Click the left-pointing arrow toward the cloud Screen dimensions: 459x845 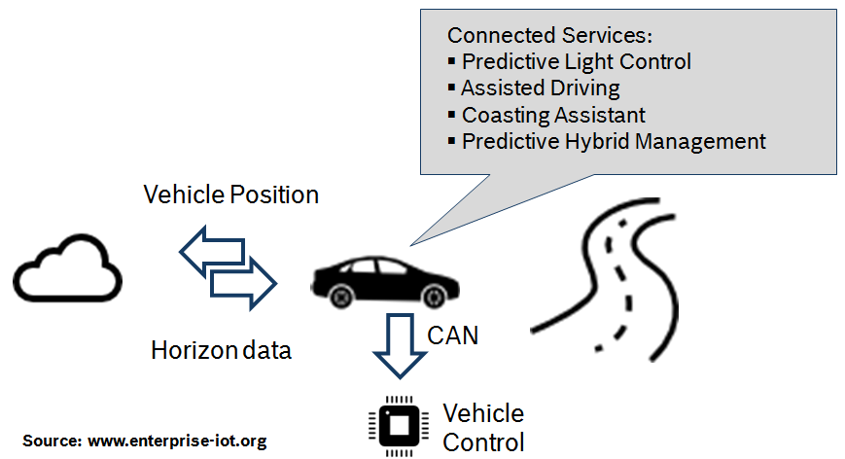(x=211, y=250)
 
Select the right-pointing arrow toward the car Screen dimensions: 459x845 (x=244, y=283)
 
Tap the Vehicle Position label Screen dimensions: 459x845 (x=230, y=194)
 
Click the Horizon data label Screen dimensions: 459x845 (x=221, y=350)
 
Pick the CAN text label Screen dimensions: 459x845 (x=453, y=336)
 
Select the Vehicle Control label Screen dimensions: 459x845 (x=483, y=427)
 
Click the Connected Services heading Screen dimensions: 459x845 (x=549, y=35)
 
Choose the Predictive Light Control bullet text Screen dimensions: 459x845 (x=576, y=61)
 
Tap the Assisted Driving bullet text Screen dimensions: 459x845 (x=540, y=88)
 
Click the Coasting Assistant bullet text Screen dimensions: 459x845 (x=553, y=115)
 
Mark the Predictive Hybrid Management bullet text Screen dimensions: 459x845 (x=614, y=141)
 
